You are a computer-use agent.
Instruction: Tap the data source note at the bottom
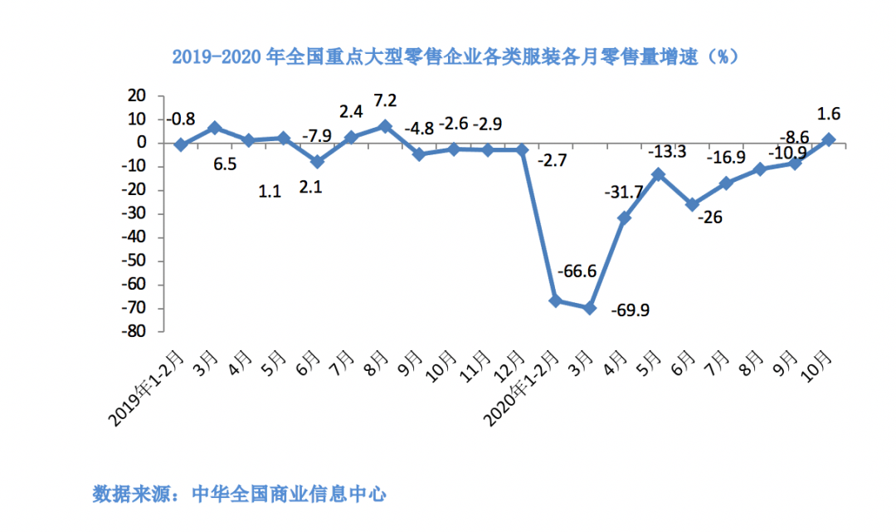[240, 495]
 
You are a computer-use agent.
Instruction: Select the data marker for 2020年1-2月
[556, 300]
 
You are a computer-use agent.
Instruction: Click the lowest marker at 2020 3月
[590, 308]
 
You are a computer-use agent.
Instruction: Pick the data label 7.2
[386, 100]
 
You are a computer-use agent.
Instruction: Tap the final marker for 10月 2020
[829, 139]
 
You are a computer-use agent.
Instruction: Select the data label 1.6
[829, 114]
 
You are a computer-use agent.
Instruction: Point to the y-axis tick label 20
[136, 96]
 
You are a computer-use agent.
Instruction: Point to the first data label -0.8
[181, 120]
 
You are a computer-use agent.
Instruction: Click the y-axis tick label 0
[141, 143]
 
